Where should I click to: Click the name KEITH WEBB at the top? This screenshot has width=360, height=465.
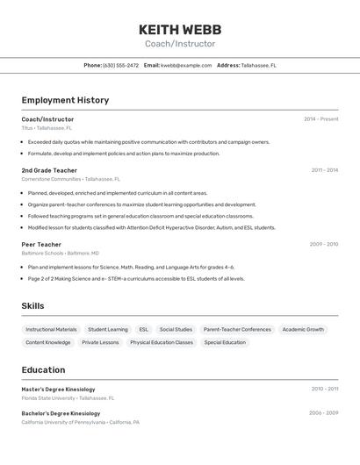180,29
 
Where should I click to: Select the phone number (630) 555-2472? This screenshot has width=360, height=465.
121,65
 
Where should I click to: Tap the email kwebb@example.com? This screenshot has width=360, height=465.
186,65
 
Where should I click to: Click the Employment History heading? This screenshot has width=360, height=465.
65,100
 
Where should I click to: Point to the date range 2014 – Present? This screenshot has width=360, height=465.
320,119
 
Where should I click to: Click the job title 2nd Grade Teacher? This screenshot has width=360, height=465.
49,170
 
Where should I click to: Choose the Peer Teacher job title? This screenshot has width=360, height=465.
41,245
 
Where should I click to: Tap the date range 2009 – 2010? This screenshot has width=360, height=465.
323,245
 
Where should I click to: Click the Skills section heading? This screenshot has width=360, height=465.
33,305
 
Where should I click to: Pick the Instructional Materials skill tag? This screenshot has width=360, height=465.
51,330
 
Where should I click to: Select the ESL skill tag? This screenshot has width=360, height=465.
144,330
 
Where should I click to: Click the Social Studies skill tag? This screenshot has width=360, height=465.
176,330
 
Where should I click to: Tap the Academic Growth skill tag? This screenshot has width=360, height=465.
303,330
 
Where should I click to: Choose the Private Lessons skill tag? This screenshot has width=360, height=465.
100,343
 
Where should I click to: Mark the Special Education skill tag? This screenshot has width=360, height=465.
225,343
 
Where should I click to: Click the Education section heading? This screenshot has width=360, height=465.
43,369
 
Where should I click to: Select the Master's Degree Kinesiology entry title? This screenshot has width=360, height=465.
58,389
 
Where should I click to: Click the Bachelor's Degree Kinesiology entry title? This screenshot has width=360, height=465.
61,413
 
